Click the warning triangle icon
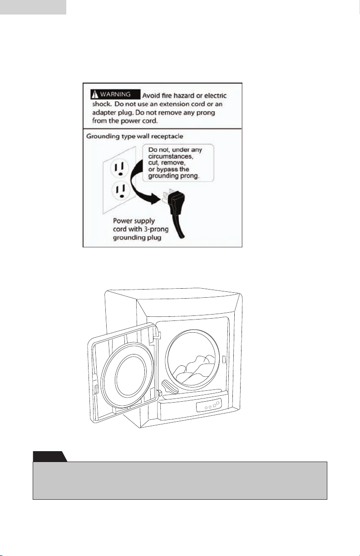click(95, 94)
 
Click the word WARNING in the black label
click(115, 94)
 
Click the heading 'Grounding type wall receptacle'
click(135, 136)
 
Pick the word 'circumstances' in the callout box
click(171, 157)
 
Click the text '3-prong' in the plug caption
click(156, 229)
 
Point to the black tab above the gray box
click(50, 457)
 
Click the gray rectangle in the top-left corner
click(33, 7)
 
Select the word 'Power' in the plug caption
click(122, 221)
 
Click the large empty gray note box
click(180, 481)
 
